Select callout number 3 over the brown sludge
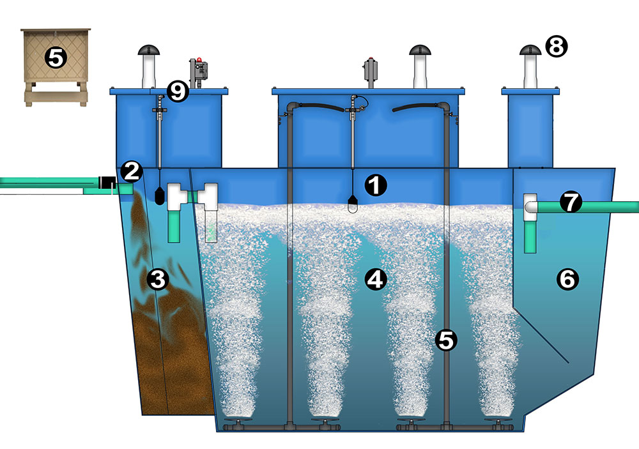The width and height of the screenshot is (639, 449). (158, 279)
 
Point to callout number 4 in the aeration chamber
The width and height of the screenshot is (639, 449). (375, 278)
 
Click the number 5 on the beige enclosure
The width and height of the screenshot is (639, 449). (56, 58)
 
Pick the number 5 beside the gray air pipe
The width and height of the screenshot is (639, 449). (445, 340)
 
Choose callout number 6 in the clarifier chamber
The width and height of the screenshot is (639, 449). (568, 278)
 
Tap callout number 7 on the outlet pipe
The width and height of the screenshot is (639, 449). (571, 202)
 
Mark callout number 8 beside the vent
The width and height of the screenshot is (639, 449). (556, 45)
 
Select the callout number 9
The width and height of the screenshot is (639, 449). (178, 91)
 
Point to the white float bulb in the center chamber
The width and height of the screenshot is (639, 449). (353, 204)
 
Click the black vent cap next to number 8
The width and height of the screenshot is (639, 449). (530, 50)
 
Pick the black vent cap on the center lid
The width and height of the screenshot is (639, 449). (419, 50)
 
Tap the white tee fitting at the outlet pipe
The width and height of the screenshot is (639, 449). (530, 207)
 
